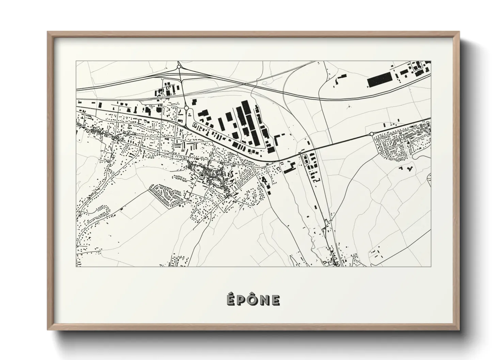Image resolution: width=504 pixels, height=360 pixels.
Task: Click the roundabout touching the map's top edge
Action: [179, 67]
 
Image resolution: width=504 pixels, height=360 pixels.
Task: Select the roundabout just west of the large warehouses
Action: [187, 108]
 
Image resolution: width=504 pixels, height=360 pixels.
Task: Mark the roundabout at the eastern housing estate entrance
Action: [371, 134]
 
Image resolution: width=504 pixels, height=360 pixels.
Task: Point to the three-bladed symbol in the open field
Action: [348, 107]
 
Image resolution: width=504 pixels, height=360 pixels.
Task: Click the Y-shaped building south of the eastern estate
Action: [409, 168]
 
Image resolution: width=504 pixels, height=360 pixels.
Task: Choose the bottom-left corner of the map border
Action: [76, 266]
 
